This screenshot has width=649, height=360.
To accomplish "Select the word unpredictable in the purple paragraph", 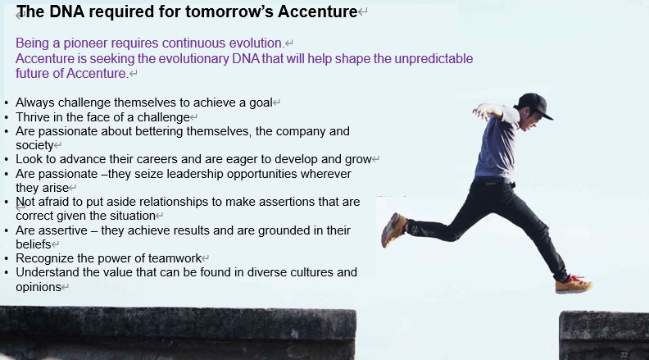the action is click(433, 59).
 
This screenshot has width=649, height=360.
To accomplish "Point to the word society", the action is click(34, 145).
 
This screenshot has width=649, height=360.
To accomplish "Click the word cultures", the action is click(311, 272).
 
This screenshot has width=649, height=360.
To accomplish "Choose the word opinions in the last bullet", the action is click(39, 287).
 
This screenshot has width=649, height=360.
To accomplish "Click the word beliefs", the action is click(34, 244).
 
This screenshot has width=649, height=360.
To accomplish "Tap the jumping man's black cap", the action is click(535, 104).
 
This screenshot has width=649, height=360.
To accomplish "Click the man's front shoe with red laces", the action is click(574, 285).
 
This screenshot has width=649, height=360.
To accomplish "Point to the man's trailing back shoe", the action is click(393, 230).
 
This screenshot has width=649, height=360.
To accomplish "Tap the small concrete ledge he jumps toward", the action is click(604, 335).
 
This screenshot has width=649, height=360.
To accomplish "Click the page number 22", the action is click(624, 354).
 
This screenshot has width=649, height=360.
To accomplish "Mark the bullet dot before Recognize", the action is click(7, 259).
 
